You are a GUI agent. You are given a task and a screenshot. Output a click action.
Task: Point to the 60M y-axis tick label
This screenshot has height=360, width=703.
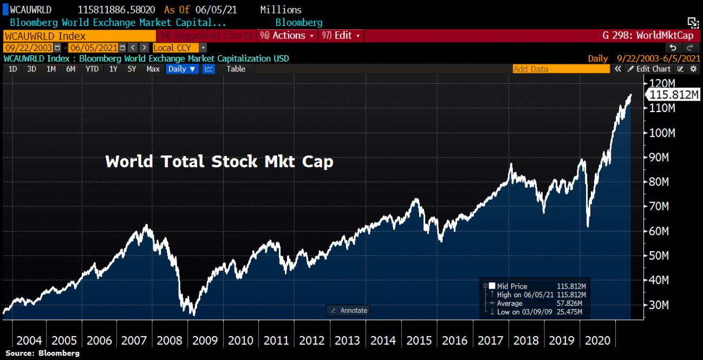click(660, 231)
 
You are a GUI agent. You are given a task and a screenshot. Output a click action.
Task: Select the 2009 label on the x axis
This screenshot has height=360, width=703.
click(205, 341)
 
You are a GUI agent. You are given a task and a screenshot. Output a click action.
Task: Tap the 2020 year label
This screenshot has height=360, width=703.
click(597, 341)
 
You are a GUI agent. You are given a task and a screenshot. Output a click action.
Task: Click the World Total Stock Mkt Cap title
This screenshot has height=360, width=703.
click(219, 161)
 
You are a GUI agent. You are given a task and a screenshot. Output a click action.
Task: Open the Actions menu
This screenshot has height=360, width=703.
click(287, 35)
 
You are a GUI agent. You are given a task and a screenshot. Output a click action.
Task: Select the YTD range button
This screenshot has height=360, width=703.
click(92, 69)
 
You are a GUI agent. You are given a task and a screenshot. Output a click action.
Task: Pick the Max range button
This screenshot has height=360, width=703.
click(153, 69)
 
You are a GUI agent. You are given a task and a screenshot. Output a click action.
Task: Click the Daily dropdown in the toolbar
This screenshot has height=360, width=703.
click(181, 69)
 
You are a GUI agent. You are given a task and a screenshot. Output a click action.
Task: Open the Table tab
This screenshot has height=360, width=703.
click(236, 69)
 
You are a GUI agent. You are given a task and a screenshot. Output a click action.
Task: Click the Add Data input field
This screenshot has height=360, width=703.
click(561, 69)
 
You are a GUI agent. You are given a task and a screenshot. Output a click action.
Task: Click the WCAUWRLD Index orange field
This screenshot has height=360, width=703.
click(79, 35)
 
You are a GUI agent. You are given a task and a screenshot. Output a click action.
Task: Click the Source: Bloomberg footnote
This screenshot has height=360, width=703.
click(42, 353)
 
